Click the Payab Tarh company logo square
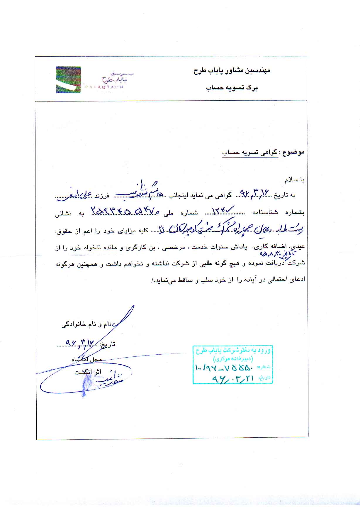click(68, 80)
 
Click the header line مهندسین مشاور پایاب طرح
click(232, 71)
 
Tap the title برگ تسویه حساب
click(232, 88)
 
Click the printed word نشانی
click(63, 214)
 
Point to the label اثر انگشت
click(88, 372)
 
